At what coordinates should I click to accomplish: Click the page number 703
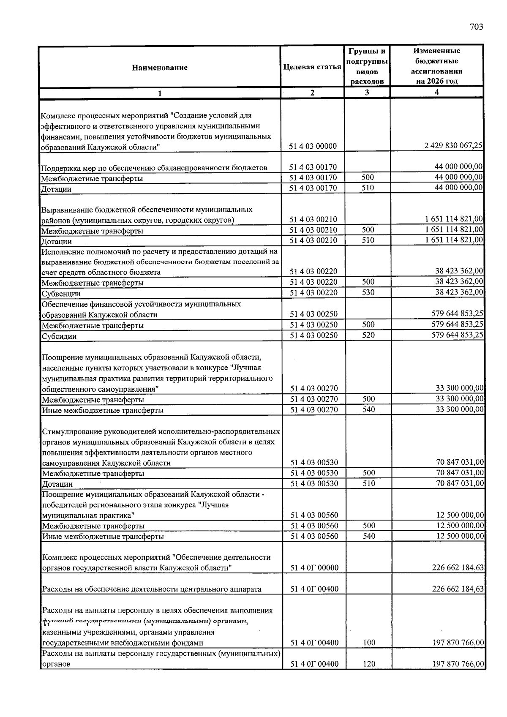[x=476, y=27]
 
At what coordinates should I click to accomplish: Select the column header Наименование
[x=160, y=68]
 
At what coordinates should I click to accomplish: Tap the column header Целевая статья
[x=312, y=67]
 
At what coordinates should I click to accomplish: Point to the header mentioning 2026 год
[x=436, y=81]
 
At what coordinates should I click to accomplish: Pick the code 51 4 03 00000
[x=313, y=146]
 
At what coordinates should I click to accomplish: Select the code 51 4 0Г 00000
[x=314, y=568]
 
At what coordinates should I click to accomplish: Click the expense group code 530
[x=368, y=292]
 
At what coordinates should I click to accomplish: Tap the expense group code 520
[x=368, y=335]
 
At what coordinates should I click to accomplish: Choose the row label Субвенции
[x=61, y=294]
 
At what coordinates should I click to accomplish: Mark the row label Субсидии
[x=59, y=336]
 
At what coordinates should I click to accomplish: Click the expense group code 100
[x=369, y=643]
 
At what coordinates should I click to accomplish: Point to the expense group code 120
[x=369, y=664]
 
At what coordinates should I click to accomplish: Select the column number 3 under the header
[x=367, y=93]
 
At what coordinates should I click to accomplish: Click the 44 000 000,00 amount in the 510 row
[x=459, y=188]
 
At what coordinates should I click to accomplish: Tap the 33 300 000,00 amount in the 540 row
[x=460, y=409]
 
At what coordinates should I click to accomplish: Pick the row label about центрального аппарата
[x=152, y=589]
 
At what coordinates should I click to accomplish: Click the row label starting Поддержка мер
[x=154, y=168]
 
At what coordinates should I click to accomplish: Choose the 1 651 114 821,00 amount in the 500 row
[x=454, y=230]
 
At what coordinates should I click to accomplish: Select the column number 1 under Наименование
[x=160, y=93]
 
